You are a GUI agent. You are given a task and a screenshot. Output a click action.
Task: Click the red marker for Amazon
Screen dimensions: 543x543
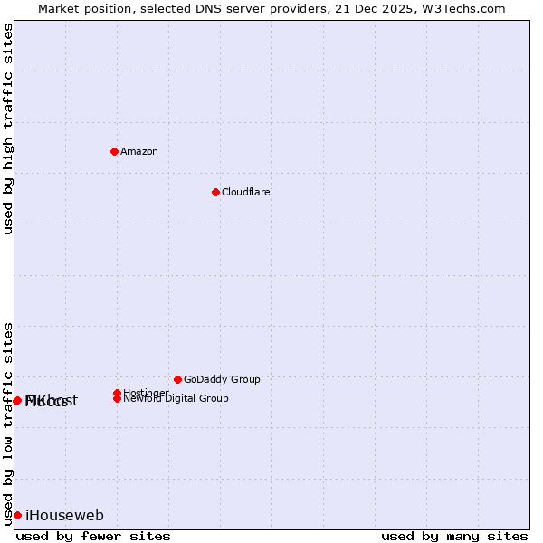(x=114, y=151)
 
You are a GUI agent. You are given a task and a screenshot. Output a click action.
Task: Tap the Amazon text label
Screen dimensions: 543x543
(x=139, y=151)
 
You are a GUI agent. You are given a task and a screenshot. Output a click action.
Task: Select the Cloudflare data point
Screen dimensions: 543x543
(x=215, y=192)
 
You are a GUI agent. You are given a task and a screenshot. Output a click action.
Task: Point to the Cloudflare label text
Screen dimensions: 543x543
(x=246, y=192)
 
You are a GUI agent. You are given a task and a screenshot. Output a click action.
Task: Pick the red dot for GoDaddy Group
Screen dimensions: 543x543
(x=177, y=379)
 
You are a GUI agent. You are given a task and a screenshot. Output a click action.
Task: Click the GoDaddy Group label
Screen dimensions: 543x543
(x=222, y=379)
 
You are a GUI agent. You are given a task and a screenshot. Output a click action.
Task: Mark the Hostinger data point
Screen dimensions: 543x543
(x=117, y=393)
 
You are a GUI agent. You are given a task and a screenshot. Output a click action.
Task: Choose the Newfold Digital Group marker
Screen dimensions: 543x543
(x=117, y=399)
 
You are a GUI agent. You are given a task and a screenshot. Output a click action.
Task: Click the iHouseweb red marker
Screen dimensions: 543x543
(x=17, y=515)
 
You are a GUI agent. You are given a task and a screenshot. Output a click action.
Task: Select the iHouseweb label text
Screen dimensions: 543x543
(x=64, y=516)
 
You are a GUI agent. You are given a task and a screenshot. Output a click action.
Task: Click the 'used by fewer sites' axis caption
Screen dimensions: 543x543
(x=93, y=536)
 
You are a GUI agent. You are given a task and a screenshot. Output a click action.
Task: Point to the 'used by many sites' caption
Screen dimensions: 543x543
(x=454, y=536)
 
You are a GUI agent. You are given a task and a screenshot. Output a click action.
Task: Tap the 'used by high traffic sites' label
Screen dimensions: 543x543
(x=9, y=129)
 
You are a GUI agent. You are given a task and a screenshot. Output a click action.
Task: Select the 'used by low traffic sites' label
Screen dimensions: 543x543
(x=9, y=424)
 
